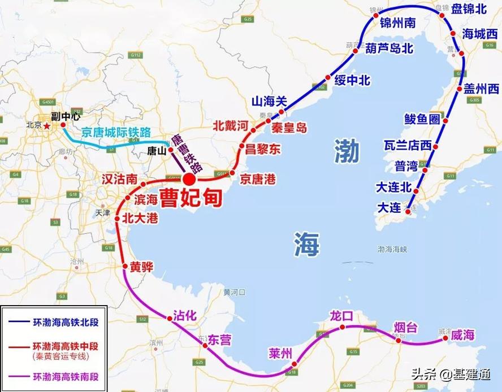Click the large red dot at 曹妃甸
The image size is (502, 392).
(189, 179)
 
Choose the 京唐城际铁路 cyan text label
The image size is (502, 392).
(116, 133)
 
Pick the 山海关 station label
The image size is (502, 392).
(270, 101)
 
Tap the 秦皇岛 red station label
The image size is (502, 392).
(289, 128)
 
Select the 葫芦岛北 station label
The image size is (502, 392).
(389, 49)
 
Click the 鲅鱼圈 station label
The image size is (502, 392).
(422, 119)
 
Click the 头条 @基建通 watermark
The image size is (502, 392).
(449, 374)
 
